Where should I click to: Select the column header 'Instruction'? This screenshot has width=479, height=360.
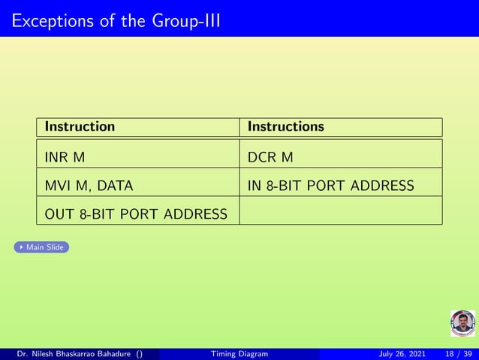pyautogui.click(x=80, y=126)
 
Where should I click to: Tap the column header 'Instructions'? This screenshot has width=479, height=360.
pyautogui.click(x=286, y=126)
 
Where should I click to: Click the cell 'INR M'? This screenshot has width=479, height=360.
pyautogui.click(x=65, y=157)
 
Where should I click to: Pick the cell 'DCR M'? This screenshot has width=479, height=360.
pyautogui.click(x=270, y=157)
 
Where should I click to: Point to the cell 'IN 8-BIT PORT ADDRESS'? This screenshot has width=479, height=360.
pyautogui.click(x=330, y=186)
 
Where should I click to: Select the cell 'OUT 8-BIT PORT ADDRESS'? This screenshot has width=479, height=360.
pyautogui.click(x=136, y=214)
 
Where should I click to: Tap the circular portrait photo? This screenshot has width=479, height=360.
pyautogui.click(x=462, y=323)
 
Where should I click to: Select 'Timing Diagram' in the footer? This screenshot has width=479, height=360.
pyautogui.click(x=239, y=354)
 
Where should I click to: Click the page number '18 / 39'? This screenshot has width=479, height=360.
pyautogui.click(x=459, y=354)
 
